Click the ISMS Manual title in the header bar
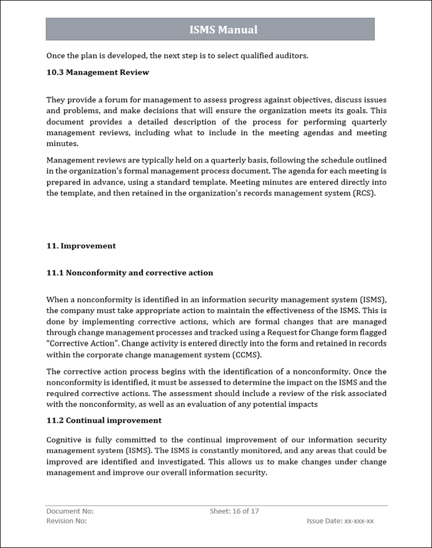click(x=223, y=30)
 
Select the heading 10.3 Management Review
click(x=98, y=72)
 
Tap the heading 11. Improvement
click(x=81, y=246)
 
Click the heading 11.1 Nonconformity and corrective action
click(x=130, y=273)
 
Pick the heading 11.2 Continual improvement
click(x=104, y=421)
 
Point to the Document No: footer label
click(x=70, y=511)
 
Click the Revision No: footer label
click(x=67, y=521)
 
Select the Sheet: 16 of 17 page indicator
click(x=234, y=511)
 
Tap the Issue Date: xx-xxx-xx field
click(x=340, y=521)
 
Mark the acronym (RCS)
click(x=364, y=194)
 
